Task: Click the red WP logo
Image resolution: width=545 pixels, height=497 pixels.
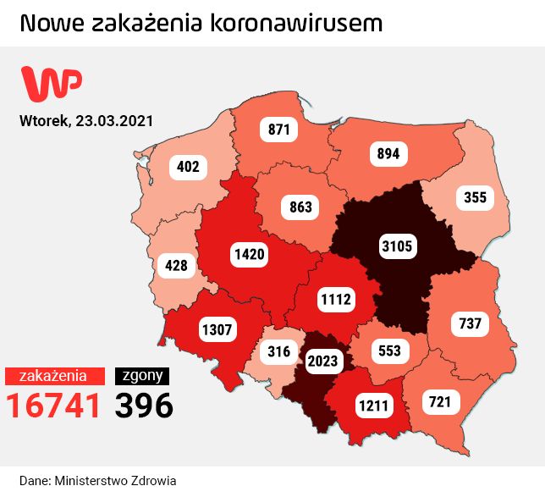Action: (52, 83)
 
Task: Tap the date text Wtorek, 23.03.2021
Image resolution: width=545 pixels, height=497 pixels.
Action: (86, 120)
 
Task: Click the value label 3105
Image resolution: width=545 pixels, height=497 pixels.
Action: (396, 246)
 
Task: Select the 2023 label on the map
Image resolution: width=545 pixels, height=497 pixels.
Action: (322, 362)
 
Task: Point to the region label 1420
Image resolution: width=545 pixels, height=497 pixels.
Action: (250, 253)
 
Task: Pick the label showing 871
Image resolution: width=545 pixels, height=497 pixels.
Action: (279, 130)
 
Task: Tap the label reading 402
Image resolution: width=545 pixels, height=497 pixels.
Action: (188, 167)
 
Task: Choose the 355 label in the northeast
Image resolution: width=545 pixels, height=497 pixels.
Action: (476, 197)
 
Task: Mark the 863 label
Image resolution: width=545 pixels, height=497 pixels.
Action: (300, 207)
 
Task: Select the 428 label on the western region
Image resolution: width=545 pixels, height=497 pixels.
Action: (176, 266)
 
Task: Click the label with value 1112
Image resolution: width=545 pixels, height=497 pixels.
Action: (335, 298)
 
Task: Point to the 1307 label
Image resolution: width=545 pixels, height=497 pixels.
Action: (217, 330)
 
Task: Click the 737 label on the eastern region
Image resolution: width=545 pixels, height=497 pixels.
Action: (470, 323)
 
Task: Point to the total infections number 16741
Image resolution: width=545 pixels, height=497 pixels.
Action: (54, 406)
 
